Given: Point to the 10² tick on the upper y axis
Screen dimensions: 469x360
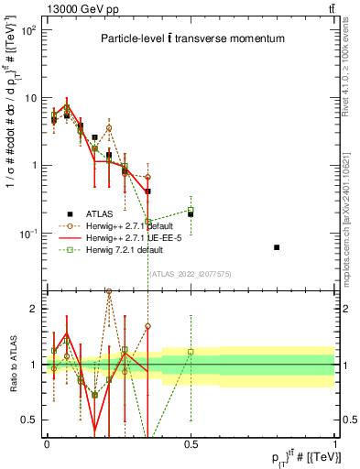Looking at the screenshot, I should click(29, 30).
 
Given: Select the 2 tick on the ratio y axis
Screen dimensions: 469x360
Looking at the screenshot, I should click(36, 309).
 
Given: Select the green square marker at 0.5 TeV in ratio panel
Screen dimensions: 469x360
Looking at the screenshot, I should click(191, 352).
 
